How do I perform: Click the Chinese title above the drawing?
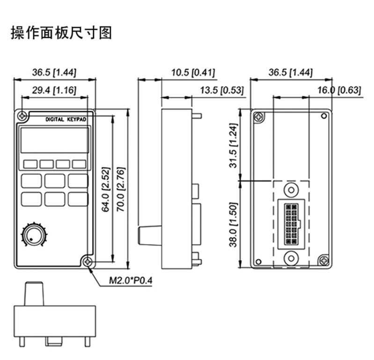(61, 33)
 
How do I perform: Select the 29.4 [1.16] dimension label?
(55, 90)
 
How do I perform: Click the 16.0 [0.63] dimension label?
(339, 90)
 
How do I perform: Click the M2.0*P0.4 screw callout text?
(131, 281)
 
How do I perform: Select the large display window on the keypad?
(54, 140)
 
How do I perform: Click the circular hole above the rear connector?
(292, 190)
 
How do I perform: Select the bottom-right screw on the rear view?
(323, 260)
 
